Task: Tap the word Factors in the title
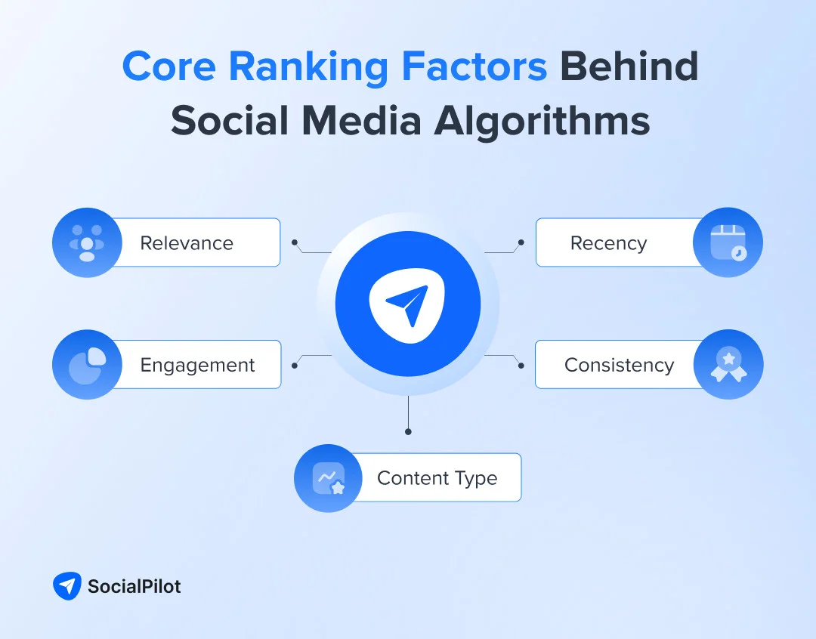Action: click(x=474, y=67)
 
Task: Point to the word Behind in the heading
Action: click(x=629, y=67)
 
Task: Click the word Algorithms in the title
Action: click(x=542, y=121)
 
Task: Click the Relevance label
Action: click(x=187, y=243)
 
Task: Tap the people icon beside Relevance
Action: click(x=87, y=242)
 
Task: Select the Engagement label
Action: click(x=197, y=365)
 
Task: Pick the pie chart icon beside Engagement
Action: click(x=87, y=364)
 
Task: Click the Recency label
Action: click(x=608, y=243)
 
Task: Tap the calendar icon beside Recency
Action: click(x=728, y=242)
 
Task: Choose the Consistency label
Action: click(x=619, y=365)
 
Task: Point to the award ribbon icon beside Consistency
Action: click(x=728, y=364)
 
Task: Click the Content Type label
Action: click(x=437, y=478)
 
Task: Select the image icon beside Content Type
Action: click(x=329, y=478)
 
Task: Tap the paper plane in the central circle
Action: click(x=407, y=304)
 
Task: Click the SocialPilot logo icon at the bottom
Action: click(x=66, y=586)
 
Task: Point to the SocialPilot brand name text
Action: click(x=134, y=586)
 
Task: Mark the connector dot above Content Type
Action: click(x=408, y=431)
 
